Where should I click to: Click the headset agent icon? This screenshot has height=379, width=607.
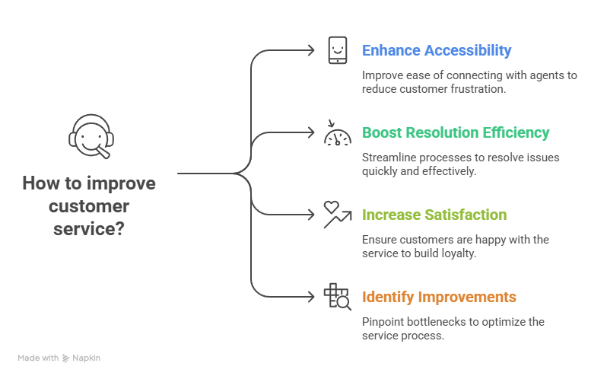pos(89,137)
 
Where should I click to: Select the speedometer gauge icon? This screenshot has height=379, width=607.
pos(337,133)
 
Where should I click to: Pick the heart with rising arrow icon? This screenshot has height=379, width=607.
pos(336,214)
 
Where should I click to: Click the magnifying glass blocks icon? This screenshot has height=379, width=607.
pos(337,296)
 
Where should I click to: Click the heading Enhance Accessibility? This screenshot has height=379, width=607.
pos(437,51)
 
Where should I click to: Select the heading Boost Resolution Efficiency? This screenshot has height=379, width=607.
pos(456,132)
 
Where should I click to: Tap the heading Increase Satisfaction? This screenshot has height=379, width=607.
pos(434,215)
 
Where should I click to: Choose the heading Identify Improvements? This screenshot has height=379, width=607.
pos(439,297)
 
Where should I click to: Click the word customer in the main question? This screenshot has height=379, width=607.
pos(89,206)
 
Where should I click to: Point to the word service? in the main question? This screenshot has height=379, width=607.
pos(89,228)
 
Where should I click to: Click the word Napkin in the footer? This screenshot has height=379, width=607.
pos(86,358)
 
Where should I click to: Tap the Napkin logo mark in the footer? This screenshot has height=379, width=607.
pos(65,358)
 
